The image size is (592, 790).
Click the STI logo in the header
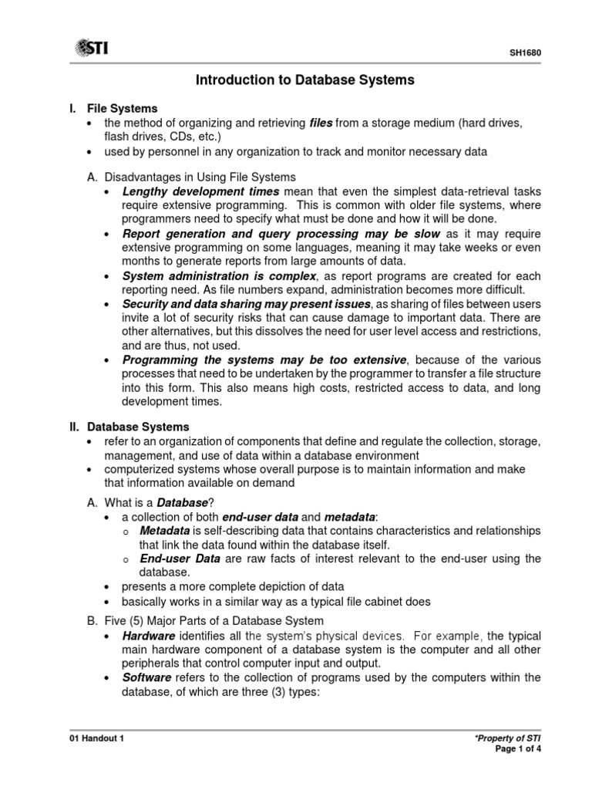coord(91,49)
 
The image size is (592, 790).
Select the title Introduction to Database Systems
coord(304,79)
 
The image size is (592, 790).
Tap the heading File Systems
coord(123,109)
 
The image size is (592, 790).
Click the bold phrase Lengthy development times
coord(202,191)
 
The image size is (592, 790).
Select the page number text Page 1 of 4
coord(520,750)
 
